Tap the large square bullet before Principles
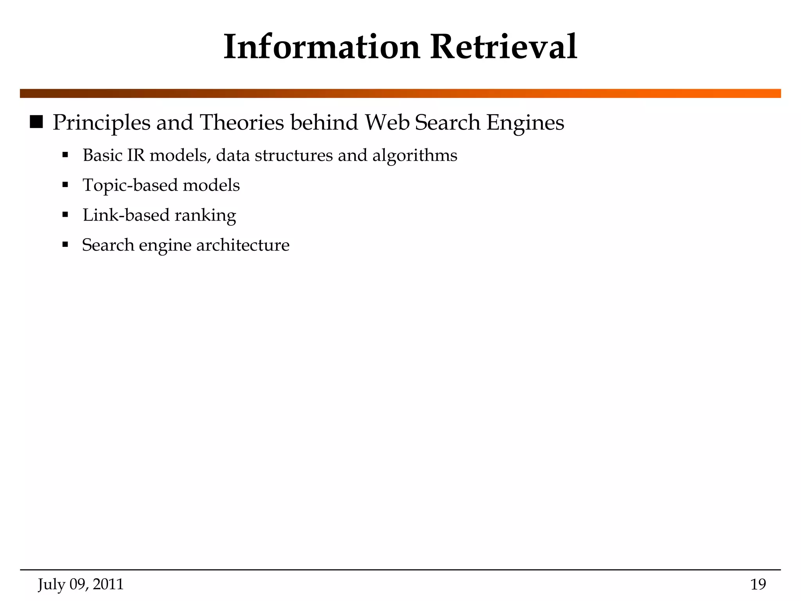point(36,122)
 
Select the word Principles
point(101,123)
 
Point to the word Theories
point(242,122)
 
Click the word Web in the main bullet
point(387,122)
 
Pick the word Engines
point(525,123)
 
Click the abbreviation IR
point(136,155)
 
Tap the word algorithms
point(415,156)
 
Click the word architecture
point(242,245)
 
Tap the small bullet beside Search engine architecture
point(65,245)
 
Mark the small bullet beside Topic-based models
point(65,185)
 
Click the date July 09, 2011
point(81,585)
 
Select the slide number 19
point(758,585)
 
